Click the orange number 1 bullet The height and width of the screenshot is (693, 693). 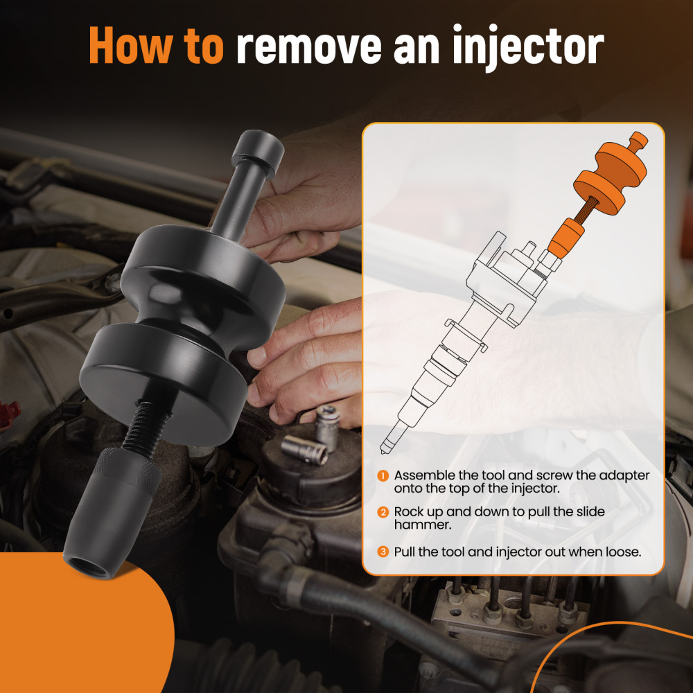(383, 476)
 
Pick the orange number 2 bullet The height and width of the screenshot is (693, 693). (383, 512)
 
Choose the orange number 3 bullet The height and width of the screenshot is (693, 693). (383, 552)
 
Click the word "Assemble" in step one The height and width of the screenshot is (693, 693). (422, 475)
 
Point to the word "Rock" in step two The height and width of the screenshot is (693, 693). (410, 511)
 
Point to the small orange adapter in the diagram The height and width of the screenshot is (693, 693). (564, 238)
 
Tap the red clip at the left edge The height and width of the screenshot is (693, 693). (8, 412)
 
